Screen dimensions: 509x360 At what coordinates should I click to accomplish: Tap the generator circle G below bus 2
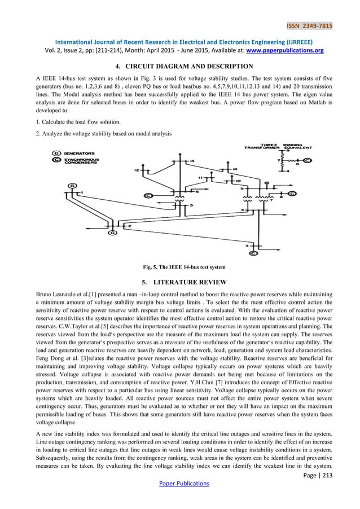(113, 232)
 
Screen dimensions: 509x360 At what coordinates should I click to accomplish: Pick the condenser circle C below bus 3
(253, 253)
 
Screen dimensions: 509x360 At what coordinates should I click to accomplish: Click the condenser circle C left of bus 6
(148, 195)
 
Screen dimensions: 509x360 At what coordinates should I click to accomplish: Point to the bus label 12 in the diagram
(137, 170)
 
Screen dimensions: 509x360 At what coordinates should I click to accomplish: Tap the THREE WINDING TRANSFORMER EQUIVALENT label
(276, 146)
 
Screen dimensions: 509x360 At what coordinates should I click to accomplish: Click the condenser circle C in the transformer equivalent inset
(308, 160)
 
